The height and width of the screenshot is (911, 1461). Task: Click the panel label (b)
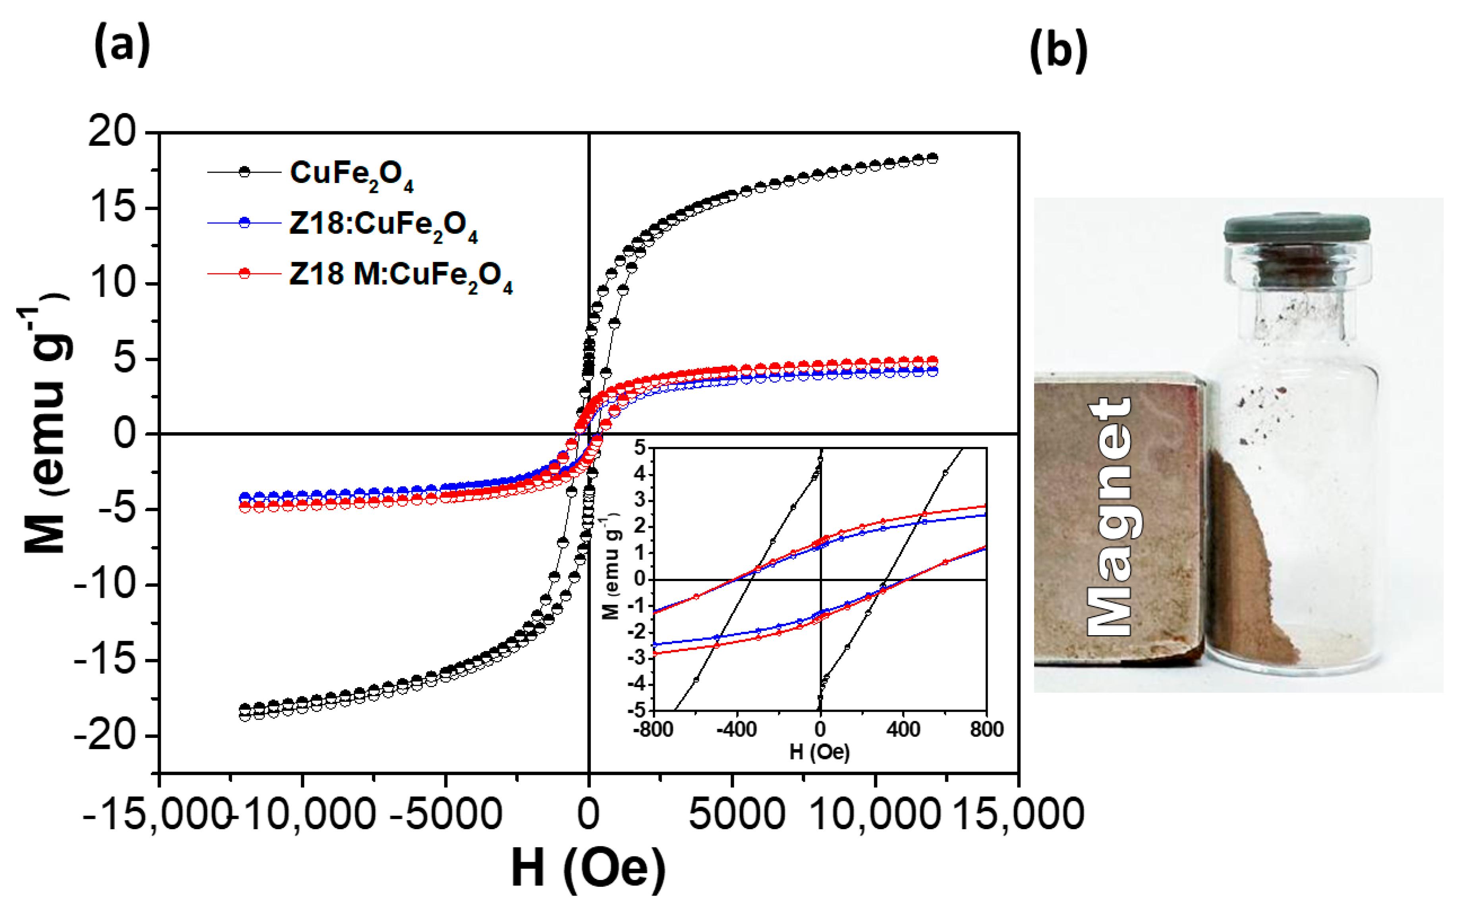1058,51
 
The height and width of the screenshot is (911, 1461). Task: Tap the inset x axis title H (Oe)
819,751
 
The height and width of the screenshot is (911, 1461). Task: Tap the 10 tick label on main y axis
113,283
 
